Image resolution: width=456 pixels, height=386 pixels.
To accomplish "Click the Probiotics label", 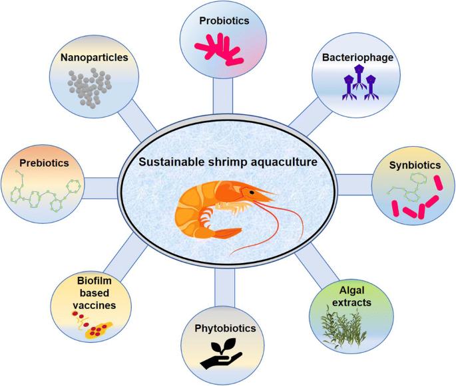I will (x=224, y=21).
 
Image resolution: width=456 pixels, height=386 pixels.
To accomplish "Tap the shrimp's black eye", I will (x=252, y=192).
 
